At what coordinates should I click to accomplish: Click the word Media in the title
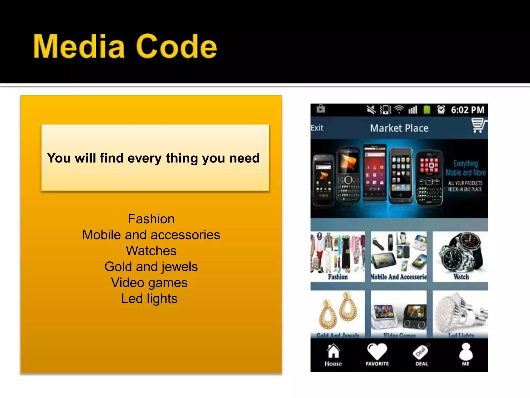(79, 47)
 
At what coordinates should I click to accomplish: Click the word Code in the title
(176, 47)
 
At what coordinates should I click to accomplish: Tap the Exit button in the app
(317, 128)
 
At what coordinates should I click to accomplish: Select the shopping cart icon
(478, 125)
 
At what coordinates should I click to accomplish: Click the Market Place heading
(399, 128)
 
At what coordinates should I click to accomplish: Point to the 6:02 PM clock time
(467, 110)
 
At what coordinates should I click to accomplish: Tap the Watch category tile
(460, 257)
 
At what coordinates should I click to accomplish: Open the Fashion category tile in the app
(338, 257)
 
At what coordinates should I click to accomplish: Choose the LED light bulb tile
(460, 314)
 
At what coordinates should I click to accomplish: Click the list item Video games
(149, 283)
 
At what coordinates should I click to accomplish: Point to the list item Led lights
(149, 298)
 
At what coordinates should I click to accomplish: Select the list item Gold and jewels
(151, 267)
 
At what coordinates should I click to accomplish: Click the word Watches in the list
(151, 251)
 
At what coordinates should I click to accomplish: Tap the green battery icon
(427, 110)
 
